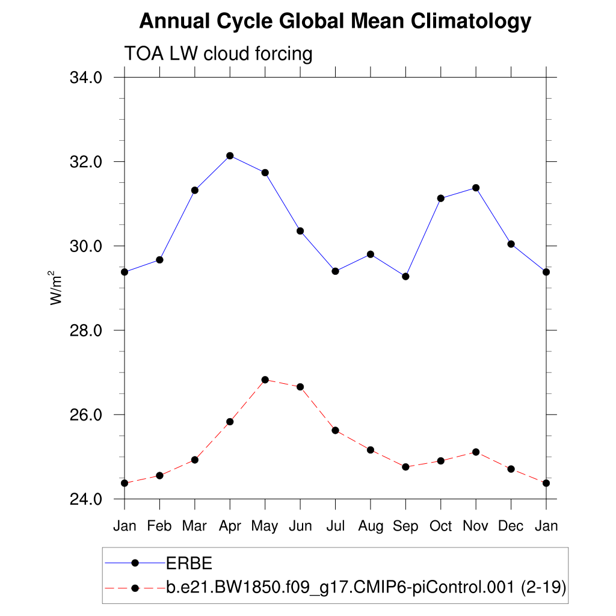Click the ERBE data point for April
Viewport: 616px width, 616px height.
point(230,156)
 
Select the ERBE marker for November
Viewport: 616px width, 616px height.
point(476,188)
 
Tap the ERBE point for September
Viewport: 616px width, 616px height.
point(405,276)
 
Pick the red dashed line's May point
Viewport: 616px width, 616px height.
point(265,380)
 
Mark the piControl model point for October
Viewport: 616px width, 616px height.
point(441,461)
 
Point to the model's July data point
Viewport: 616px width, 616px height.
point(335,430)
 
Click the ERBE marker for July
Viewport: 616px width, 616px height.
point(335,271)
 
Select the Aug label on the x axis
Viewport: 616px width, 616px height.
point(371,526)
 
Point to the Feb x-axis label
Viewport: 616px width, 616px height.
point(159,526)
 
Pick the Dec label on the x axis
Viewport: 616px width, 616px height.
point(511,526)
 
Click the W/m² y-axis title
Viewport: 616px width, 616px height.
point(56,288)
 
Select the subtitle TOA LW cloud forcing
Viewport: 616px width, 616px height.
point(218,54)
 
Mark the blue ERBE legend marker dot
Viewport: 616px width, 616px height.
point(135,563)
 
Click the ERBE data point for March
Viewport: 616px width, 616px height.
point(195,190)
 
